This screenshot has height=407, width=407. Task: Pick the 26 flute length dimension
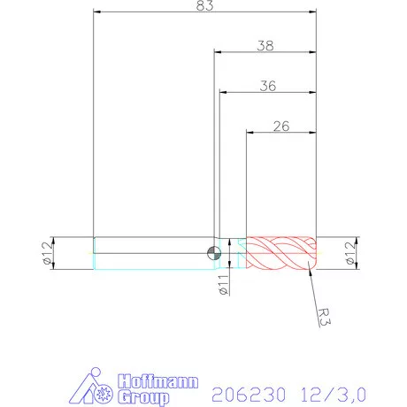[281, 126]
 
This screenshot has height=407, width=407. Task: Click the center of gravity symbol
[213, 253]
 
